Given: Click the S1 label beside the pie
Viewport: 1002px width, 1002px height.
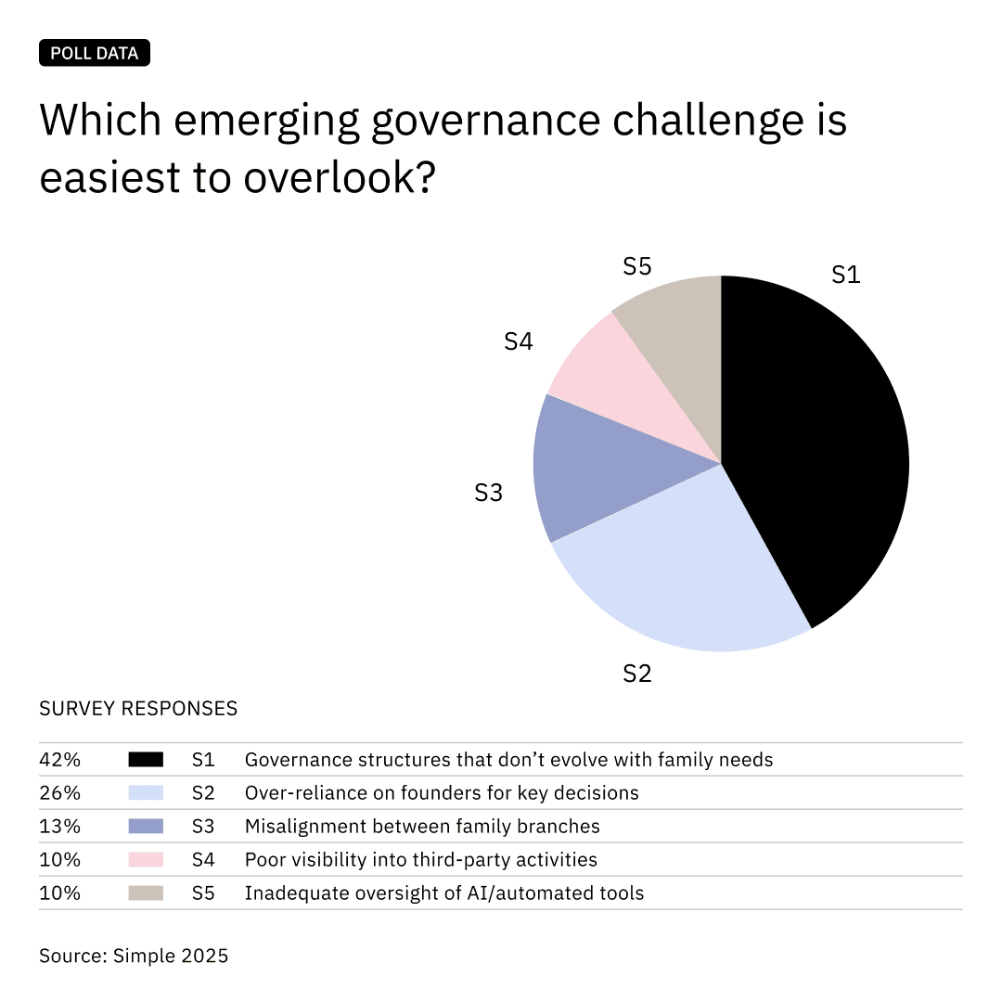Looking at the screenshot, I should (845, 275).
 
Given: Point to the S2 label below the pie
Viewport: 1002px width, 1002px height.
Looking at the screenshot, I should (637, 674).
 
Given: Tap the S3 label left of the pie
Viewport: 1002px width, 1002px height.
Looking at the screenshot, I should (488, 493).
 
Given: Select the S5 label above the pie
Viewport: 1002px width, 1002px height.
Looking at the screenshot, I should (637, 266).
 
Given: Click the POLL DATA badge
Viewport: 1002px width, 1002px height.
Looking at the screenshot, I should (95, 53).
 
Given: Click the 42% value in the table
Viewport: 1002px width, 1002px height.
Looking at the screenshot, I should (59, 760).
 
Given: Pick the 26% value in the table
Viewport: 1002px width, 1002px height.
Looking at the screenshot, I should (59, 793).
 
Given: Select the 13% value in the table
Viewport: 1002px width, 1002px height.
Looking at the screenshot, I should (59, 827).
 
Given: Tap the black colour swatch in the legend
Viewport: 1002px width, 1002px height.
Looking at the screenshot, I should (146, 760).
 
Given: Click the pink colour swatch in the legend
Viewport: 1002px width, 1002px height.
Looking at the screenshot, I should (146, 860).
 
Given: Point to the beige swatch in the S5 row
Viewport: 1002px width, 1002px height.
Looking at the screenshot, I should (146, 893).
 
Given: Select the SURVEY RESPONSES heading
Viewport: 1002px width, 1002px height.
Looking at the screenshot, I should (138, 709).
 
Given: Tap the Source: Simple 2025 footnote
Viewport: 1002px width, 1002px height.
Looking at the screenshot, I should (134, 955).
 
